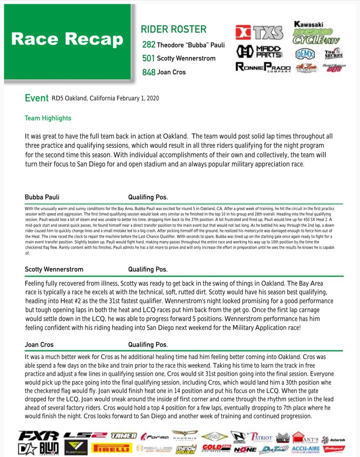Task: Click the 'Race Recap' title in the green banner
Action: tap(67, 39)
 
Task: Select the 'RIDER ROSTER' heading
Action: tap(173, 29)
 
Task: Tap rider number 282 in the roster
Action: tap(149, 45)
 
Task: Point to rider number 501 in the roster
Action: tap(149, 58)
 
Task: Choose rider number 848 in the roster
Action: tap(149, 72)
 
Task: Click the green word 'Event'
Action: tap(36, 98)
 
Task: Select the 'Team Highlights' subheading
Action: tap(48, 118)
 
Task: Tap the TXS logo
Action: tap(259, 32)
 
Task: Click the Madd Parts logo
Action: tap(259, 51)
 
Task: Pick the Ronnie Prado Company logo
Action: tap(263, 67)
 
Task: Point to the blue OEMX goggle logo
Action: tap(305, 54)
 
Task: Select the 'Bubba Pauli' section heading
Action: tap(42, 197)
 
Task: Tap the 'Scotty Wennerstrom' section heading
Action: tap(54, 269)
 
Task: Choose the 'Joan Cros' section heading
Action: tap(39, 344)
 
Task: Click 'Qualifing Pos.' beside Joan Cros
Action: tap(148, 344)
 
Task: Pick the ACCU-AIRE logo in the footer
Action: tap(304, 449)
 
